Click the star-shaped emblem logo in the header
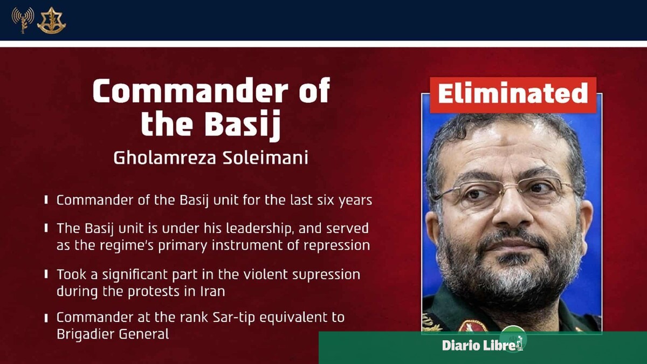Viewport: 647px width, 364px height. [51, 20]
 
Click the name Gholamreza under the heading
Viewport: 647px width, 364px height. [164, 158]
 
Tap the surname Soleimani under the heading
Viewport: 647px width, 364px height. [265, 158]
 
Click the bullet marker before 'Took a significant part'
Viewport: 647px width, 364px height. [46, 274]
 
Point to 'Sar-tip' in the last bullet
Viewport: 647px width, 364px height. [233, 318]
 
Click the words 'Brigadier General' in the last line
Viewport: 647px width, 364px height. [113, 334]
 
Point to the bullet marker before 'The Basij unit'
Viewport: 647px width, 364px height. [46, 228]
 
